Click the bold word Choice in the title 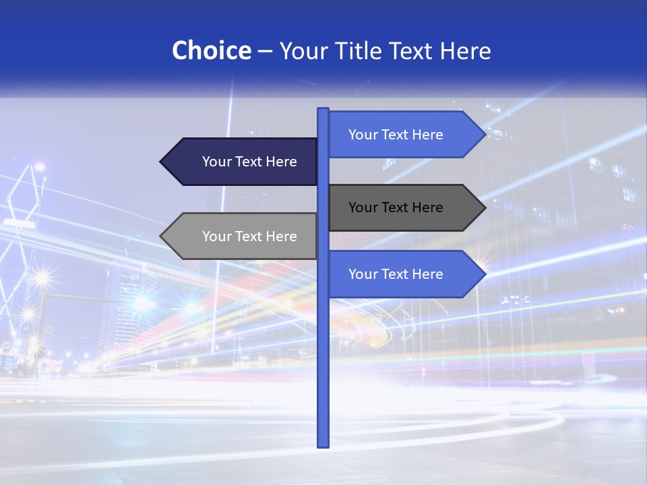211,51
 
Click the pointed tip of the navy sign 162,162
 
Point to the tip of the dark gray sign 484,207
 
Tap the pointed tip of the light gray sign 162,236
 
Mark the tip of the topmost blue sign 484,135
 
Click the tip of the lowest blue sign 484,274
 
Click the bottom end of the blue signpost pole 323,445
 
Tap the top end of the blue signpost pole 323,110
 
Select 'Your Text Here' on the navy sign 249,162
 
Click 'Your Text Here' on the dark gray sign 396,207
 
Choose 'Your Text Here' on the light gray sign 249,236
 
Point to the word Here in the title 466,51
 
